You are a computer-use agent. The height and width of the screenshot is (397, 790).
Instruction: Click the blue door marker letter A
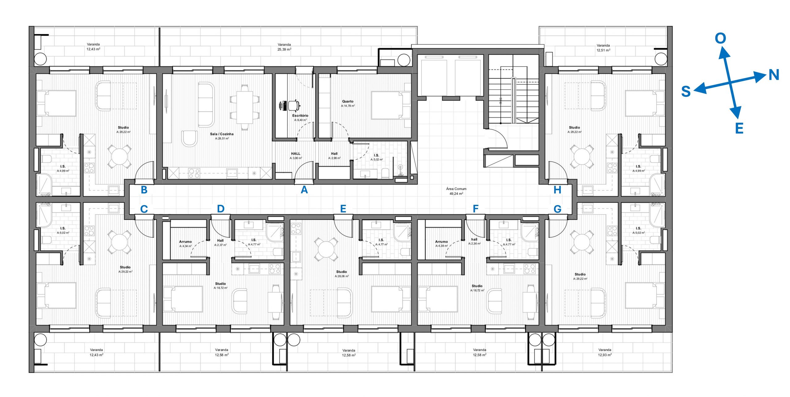click(x=304, y=190)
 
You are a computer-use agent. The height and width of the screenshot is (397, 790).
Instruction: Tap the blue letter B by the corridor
click(x=144, y=190)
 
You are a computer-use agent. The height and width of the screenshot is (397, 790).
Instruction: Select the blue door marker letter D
click(x=220, y=209)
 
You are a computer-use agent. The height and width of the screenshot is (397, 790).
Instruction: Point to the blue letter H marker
click(x=557, y=190)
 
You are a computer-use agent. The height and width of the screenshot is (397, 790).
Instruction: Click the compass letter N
click(x=774, y=75)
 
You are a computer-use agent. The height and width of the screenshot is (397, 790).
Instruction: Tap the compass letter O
click(x=721, y=38)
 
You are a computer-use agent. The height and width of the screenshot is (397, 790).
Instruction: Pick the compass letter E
click(x=739, y=128)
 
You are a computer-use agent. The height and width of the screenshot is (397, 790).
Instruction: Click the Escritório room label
click(x=300, y=116)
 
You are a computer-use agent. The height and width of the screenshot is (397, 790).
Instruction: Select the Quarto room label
click(x=348, y=101)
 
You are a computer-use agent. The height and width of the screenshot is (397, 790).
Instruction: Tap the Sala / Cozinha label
click(x=222, y=134)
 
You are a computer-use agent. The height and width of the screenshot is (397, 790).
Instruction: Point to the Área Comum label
click(x=456, y=189)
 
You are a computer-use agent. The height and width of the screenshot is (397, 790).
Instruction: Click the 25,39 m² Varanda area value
click(x=284, y=49)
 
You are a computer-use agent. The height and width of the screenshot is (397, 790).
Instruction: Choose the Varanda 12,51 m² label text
click(x=603, y=48)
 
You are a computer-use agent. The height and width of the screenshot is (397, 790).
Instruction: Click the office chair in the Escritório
click(x=294, y=105)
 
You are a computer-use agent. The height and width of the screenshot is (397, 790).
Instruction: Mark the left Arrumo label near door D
click(x=185, y=242)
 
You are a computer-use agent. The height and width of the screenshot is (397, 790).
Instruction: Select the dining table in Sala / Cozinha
click(x=245, y=107)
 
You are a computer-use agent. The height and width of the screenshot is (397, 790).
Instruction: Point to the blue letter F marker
click(x=476, y=209)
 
